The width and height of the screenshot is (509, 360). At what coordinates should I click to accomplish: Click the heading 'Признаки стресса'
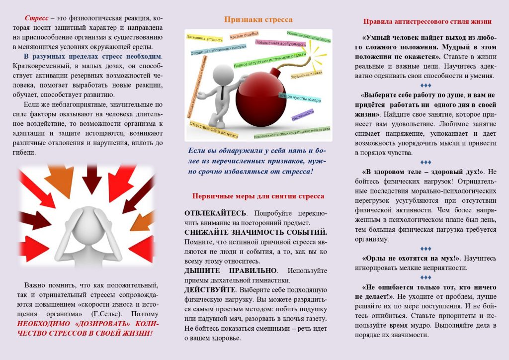258,20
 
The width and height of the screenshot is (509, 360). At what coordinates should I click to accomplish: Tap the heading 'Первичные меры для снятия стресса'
258,196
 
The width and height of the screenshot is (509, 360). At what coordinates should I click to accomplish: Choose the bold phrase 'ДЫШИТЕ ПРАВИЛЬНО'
230,270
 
